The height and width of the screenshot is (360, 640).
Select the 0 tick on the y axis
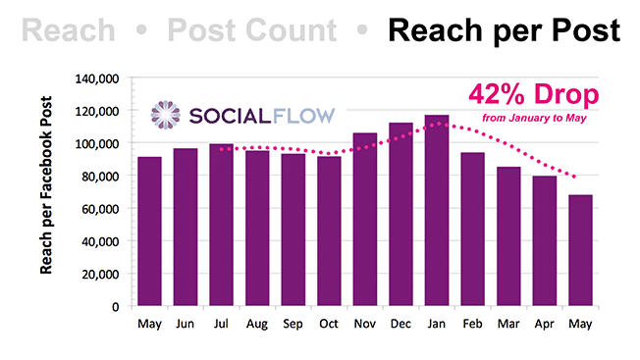[x=115, y=306]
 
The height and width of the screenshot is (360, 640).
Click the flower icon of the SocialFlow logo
[x=165, y=114]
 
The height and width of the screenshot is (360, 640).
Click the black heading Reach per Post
[x=504, y=30]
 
